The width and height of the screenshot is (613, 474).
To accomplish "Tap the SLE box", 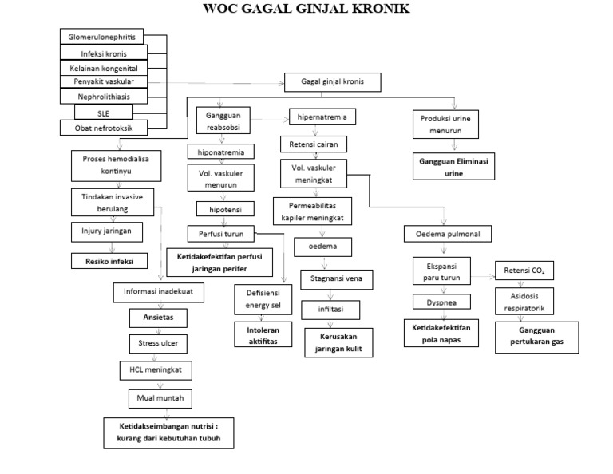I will pyautogui.click(x=104, y=113).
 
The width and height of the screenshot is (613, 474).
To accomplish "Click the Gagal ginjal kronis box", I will pyautogui.click(x=333, y=81).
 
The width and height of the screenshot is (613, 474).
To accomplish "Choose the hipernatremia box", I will pyautogui.click(x=322, y=117).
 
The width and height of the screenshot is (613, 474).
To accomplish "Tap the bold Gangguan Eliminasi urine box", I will pyautogui.click(x=453, y=165).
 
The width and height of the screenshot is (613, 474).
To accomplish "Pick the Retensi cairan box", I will pyautogui.click(x=313, y=144).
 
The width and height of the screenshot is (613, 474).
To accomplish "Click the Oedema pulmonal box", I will pyautogui.click(x=447, y=234).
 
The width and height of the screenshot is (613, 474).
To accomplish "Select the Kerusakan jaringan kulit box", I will pyautogui.click(x=338, y=343).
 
